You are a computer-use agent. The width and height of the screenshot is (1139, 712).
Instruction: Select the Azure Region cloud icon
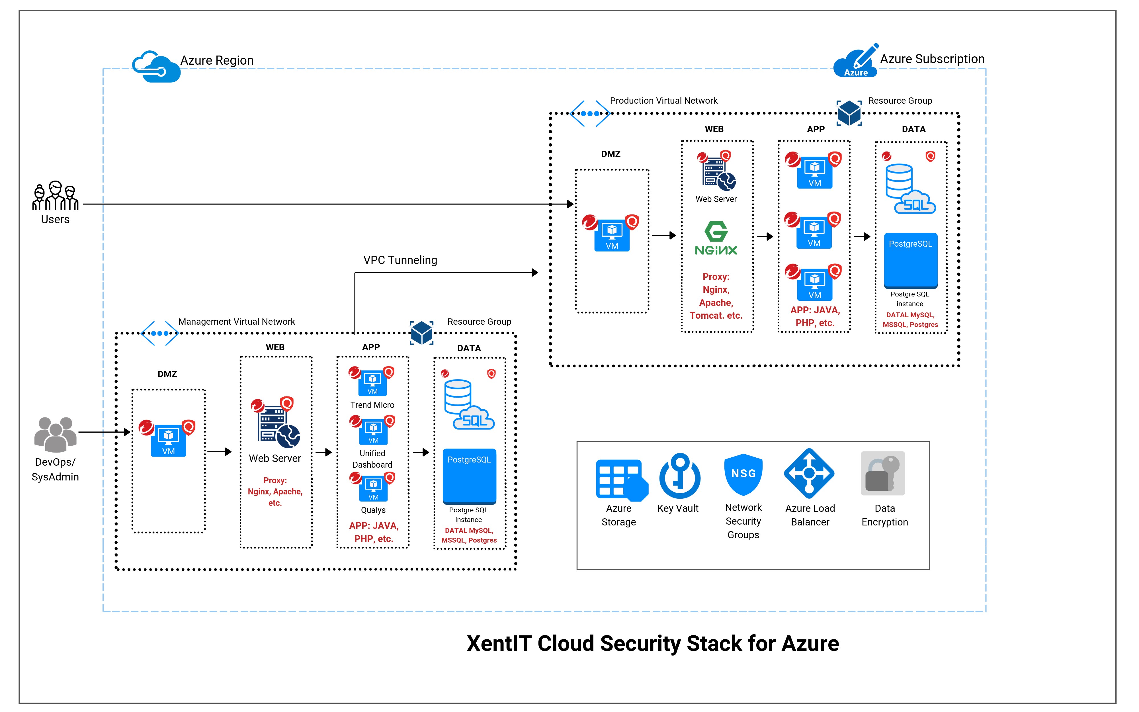tap(156, 67)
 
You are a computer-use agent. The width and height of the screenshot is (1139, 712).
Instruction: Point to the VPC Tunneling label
tap(400, 260)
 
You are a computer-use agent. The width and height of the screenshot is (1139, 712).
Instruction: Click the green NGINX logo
tap(716, 238)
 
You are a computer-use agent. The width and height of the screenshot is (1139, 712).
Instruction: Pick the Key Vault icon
tap(679, 476)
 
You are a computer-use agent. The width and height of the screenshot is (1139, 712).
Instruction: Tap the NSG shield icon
tap(743, 474)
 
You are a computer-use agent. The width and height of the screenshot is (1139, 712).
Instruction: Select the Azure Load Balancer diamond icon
tap(809, 473)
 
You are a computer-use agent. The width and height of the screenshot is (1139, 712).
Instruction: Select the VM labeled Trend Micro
tap(373, 382)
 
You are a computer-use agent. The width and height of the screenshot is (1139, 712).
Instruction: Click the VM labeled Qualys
tap(373, 488)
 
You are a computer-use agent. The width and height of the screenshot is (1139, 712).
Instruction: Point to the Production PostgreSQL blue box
tap(911, 260)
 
